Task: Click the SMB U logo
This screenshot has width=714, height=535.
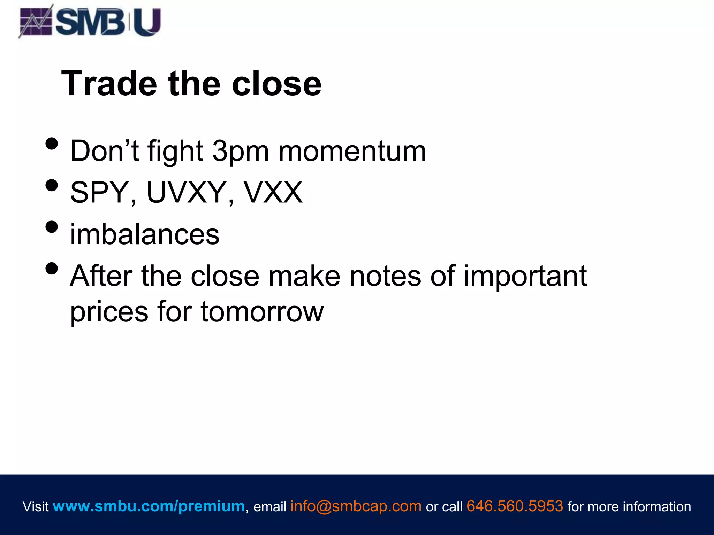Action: point(90,22)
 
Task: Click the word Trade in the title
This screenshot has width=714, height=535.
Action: point(109,84)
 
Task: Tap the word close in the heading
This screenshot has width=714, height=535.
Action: point(276,84)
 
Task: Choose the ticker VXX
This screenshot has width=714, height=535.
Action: point(273,192)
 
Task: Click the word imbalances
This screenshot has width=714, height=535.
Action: point(145,234)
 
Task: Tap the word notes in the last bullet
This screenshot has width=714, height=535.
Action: point(385,276)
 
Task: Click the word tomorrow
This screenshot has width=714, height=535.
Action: point(262,312)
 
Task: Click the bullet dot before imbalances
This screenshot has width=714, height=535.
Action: point(52,227)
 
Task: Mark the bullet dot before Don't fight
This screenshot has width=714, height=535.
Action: point(52,144)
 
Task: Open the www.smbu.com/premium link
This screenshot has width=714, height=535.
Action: point(149,506)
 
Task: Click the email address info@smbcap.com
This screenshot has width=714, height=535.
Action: point(356,506)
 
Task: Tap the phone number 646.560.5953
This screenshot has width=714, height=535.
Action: point(515,506)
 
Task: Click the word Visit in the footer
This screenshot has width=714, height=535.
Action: point(36,506)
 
